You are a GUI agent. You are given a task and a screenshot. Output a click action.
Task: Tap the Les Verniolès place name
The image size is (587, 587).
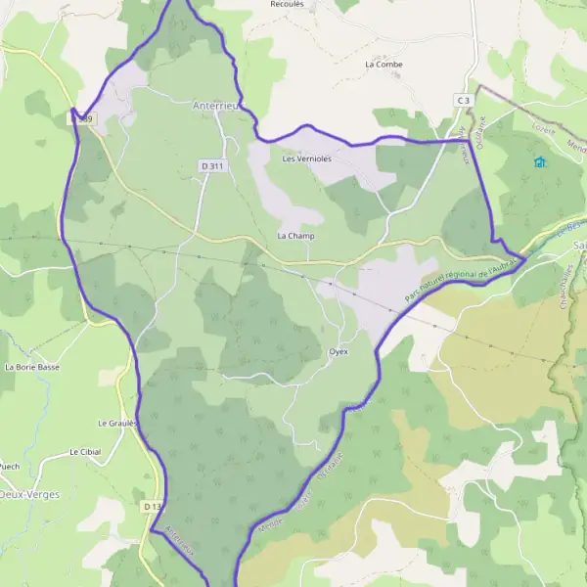[306, 158]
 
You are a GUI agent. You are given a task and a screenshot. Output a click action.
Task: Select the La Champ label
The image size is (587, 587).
[295, 236]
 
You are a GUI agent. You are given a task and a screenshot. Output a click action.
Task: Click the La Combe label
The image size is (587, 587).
[383, 65]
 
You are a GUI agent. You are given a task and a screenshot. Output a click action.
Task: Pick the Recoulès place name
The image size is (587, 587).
[288, 4]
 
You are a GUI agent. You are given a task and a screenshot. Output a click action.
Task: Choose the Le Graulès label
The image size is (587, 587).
[119, 424]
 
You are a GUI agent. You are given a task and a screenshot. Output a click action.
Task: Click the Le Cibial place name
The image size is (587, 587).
[85, 453]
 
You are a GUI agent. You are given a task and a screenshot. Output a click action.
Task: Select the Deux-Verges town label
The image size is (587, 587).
[29, 495]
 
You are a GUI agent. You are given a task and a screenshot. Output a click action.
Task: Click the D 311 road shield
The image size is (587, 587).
[212, 166]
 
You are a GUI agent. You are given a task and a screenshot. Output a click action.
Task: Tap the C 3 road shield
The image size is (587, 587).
[463, 101]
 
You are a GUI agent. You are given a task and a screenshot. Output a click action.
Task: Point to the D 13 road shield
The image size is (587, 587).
[151, 507]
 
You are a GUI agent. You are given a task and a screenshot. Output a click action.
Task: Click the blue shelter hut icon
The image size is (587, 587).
[539, 162]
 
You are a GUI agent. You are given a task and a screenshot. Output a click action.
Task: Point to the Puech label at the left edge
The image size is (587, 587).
[8, 467]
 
